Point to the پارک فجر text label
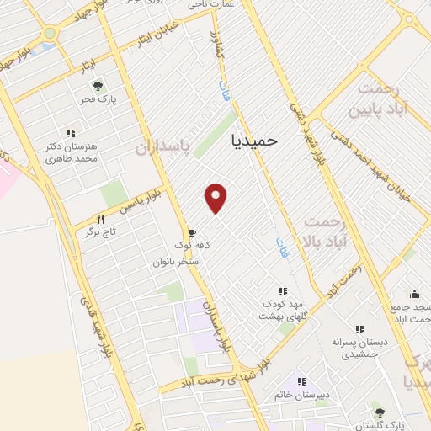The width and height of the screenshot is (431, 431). [x=98, y=102]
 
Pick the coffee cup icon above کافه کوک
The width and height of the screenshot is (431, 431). [x=192, y=232]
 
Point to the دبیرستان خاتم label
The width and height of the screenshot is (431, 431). [x=301, y=394]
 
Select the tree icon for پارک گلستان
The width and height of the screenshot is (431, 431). [x=380, y=412]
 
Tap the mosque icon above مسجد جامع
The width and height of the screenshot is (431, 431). [x=414, y=294]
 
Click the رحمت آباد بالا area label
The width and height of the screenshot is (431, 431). [x=323, y=231]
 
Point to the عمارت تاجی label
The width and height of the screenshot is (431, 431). [x=207, y=6]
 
